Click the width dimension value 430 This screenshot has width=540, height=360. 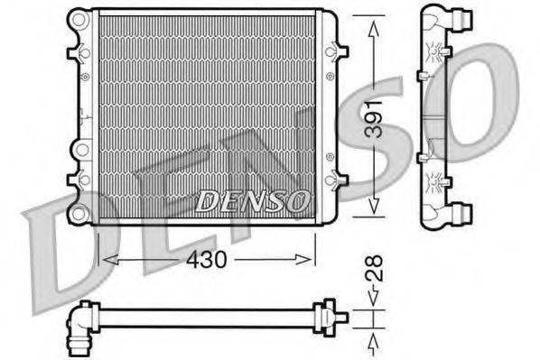pyautogui.click(x=207, y=258)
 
